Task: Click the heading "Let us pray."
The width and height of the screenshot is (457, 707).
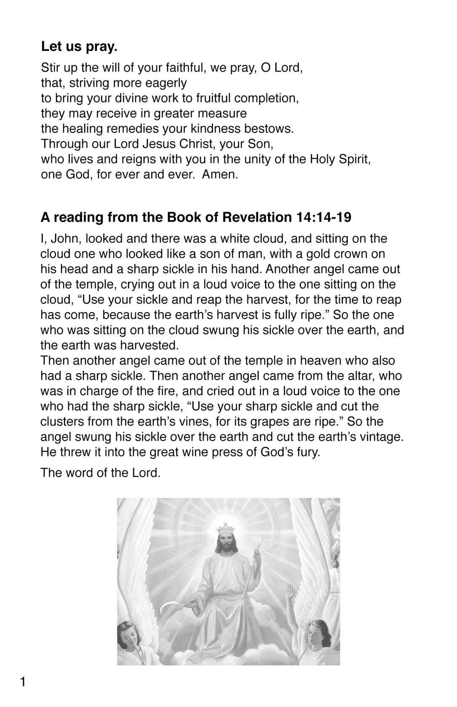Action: tap(79, 47)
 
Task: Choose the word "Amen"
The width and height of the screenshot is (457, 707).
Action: tap(219, 174)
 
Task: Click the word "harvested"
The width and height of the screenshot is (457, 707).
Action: tap(149, 345)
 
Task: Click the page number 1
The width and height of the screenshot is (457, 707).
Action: tap(23, 681)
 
